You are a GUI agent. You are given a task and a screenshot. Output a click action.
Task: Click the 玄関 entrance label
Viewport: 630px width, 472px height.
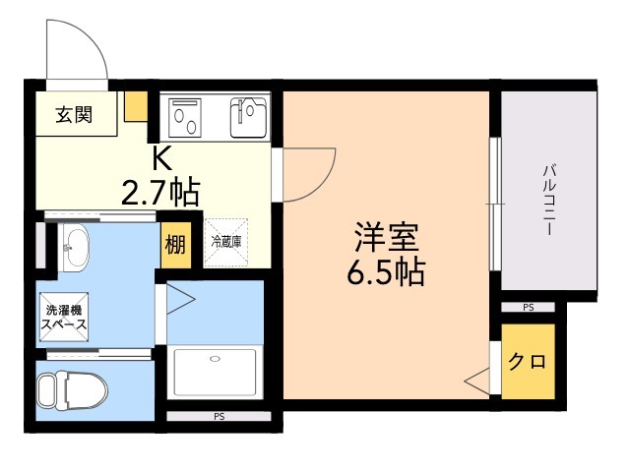(x=73, y=115)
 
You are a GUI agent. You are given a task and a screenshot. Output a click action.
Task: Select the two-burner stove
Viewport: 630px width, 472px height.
(x=185, y=118)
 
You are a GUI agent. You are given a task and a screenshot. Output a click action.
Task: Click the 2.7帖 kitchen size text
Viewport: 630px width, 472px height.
(x=160, y=191)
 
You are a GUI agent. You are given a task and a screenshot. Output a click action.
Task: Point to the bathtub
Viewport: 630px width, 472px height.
(x=216, y=371)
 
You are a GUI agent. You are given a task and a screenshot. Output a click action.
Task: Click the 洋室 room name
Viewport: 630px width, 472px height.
(x=386, y=239)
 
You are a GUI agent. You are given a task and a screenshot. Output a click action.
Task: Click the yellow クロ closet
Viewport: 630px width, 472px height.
(x=528, y=361)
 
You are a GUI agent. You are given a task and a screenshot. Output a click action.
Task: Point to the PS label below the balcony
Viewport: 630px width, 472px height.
(x=529, y=308)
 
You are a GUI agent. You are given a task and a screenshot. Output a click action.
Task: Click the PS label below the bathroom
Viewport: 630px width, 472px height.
(x=218, y=417)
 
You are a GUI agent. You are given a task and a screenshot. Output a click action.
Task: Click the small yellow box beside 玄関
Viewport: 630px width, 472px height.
(x=136, y=104)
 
